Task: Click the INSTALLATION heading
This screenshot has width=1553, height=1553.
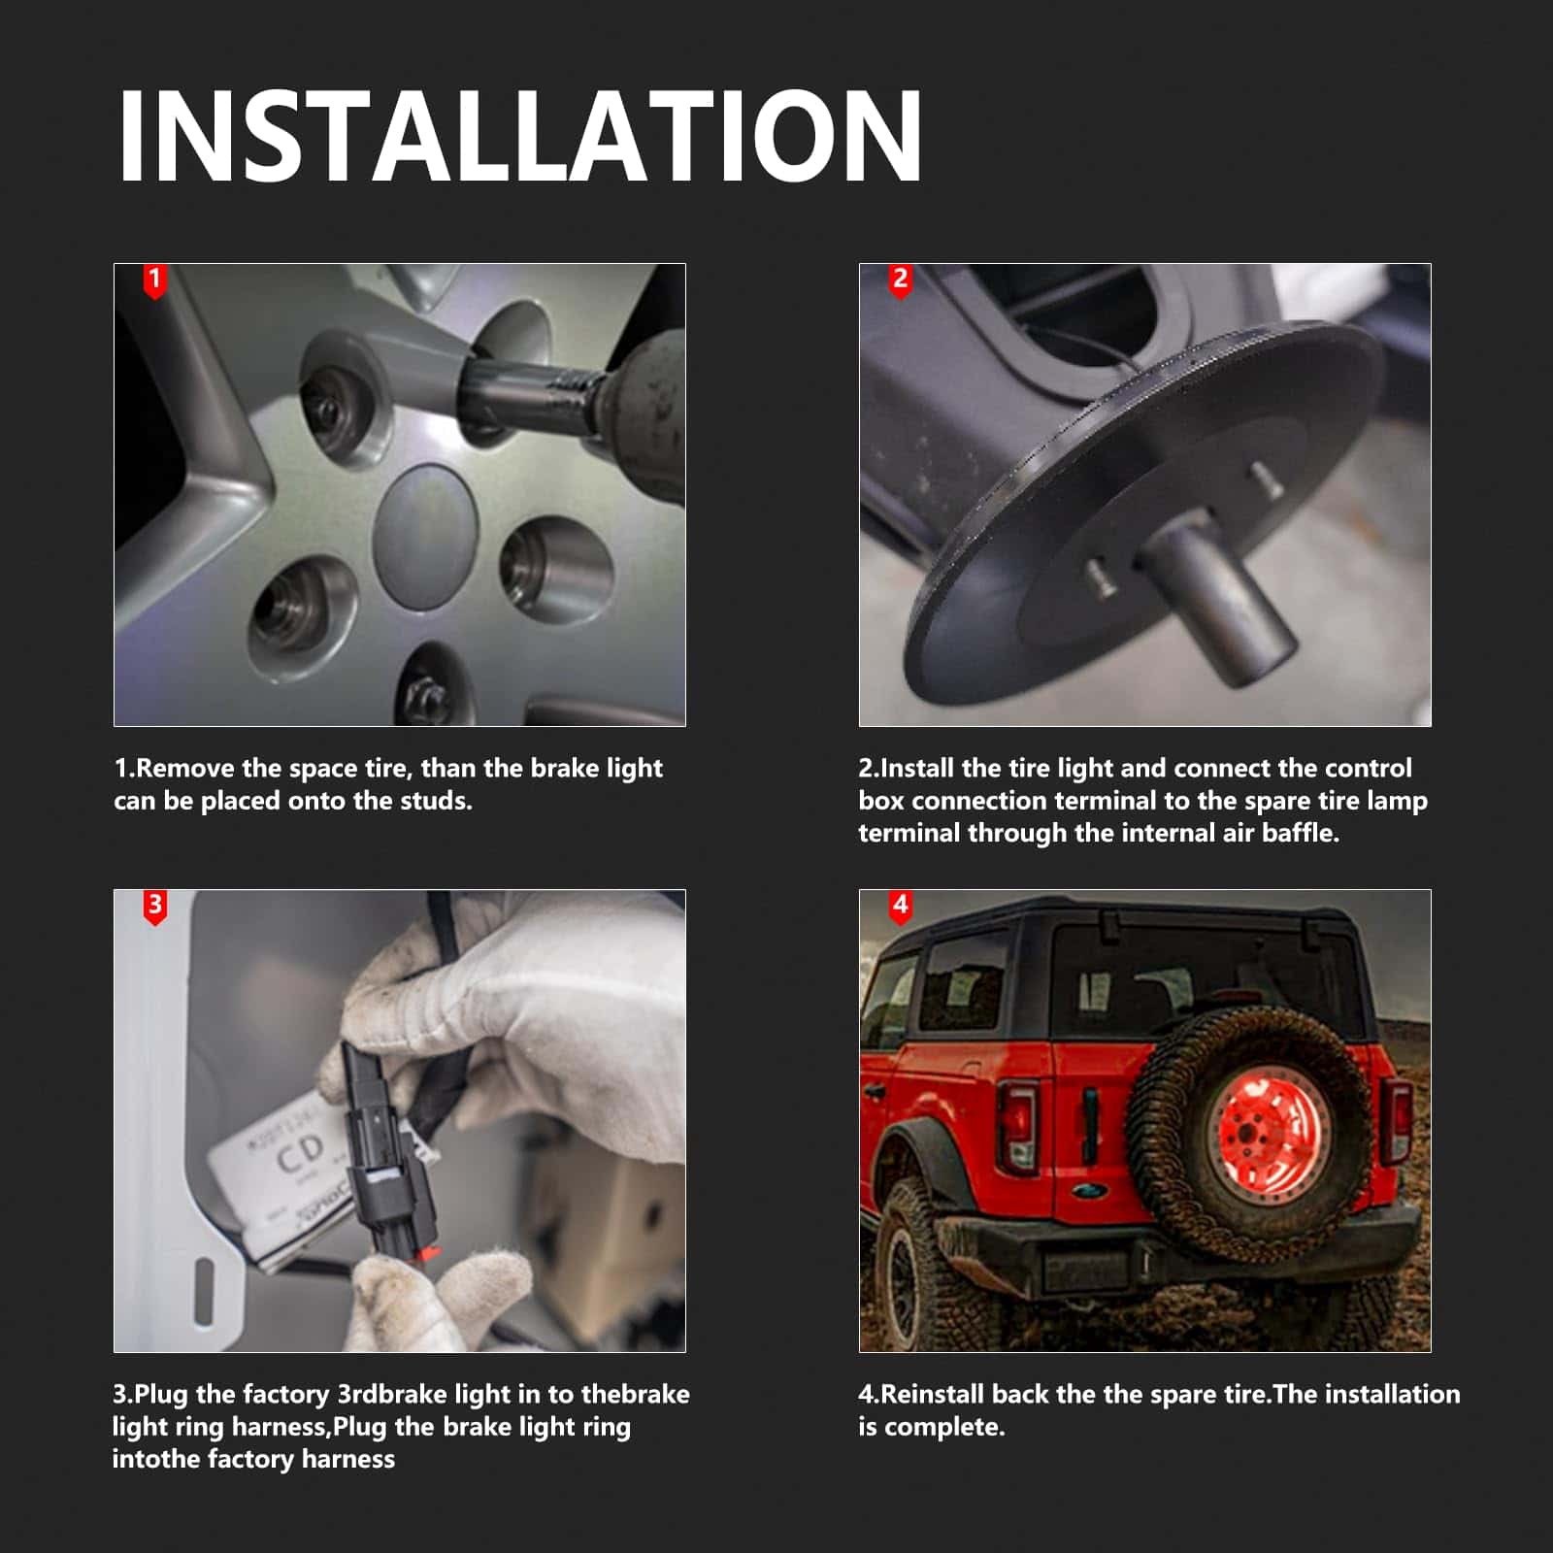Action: (x=519, y=136)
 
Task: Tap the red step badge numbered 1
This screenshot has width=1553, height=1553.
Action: (x=154, y=281)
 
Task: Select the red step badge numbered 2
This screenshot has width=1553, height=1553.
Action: (x=900, y=281)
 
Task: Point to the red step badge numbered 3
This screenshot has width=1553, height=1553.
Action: (x=154, y=907)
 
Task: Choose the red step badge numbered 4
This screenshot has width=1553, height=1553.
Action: (x=900, y=907)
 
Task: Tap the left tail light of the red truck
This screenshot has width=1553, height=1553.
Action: (x=1018, y=1126)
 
